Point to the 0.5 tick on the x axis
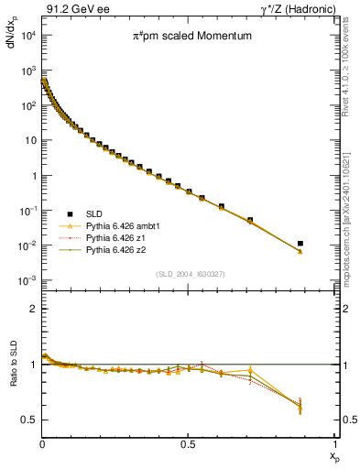point(189,443)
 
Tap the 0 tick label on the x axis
point(42,443)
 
